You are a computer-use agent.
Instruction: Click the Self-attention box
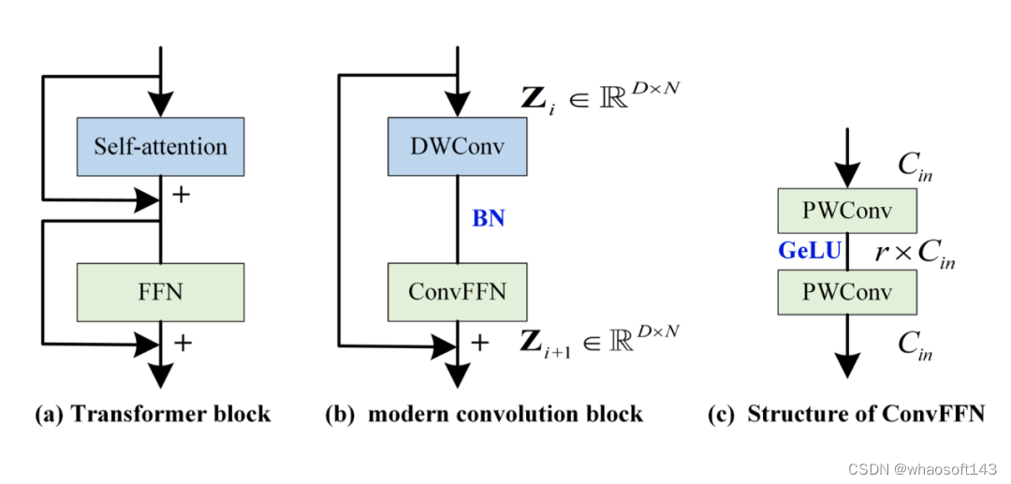click(x=160, y=146)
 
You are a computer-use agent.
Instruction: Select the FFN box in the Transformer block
click(x=160, y=292)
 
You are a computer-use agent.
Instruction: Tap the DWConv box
click(x=457, y=146)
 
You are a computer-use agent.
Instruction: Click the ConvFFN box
click(x=457, y=292)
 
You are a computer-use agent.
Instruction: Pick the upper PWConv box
click(x=846, y=212)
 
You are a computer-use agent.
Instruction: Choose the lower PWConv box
click(x=846, y=291)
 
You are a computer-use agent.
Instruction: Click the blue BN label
click(x=489, y=218)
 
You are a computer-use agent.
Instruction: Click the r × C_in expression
click(x=915, y=253)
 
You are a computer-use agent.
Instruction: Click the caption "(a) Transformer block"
click(x=153, y=413)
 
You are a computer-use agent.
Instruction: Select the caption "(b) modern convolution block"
click(x=483, y=413)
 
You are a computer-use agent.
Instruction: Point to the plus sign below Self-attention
click(x=183, y=197)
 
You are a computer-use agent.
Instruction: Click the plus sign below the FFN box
click(x=183, y=343)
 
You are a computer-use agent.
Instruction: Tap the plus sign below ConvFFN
click(x=480, y=343)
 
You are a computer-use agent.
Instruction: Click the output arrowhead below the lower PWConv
click(x=846, y=364)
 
